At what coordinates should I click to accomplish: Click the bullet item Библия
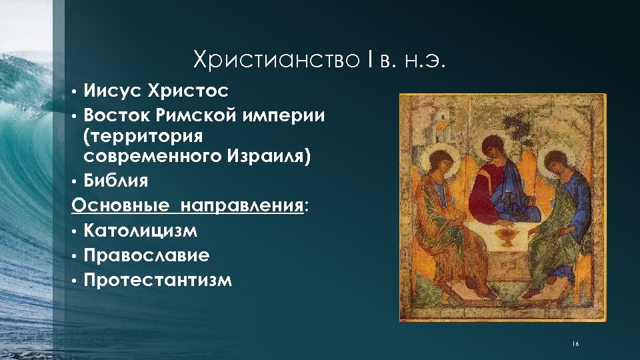point(116,182)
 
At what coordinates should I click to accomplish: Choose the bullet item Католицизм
point(141,231)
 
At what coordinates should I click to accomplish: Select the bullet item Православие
point(147,255)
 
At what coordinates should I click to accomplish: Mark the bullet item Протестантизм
point(158,279)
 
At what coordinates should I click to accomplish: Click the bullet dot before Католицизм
point(76,232)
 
